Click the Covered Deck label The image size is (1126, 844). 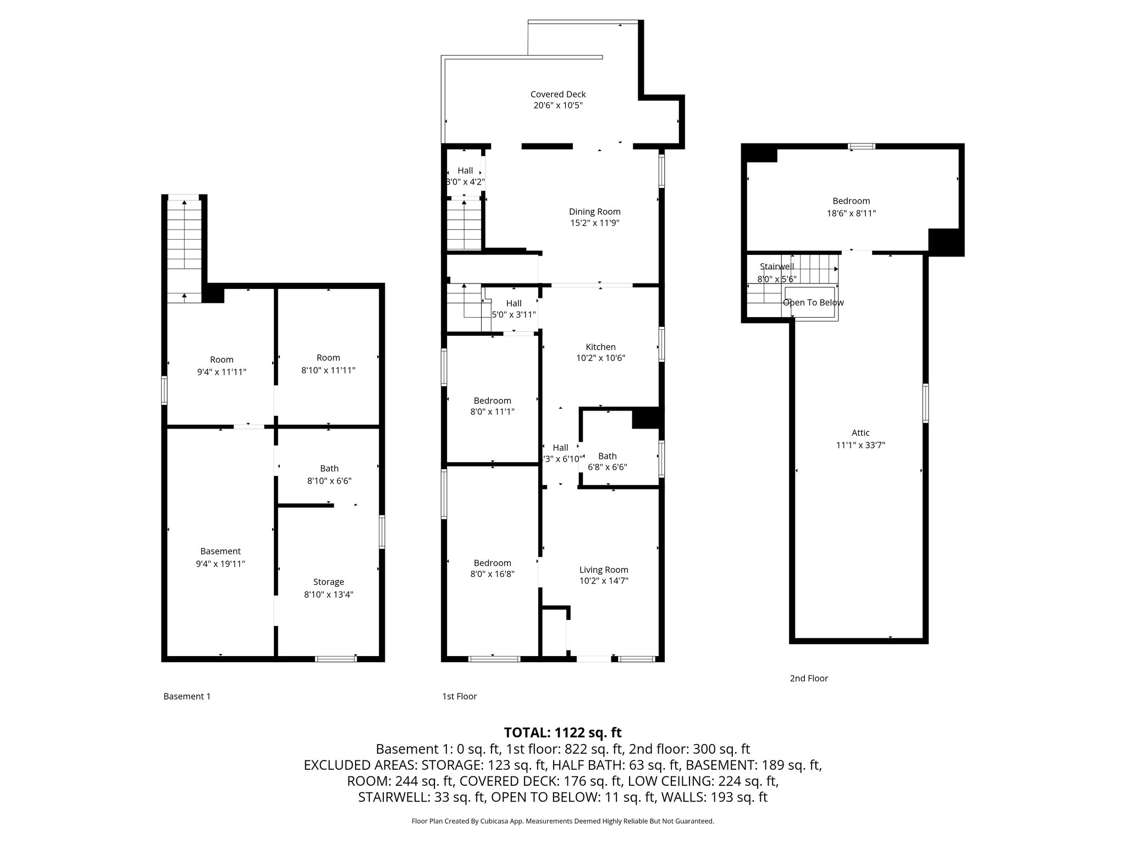(x=558, y=95)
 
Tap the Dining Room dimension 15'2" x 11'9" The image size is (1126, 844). (x=594, y=223)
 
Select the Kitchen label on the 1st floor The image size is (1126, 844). (x=600, y=347)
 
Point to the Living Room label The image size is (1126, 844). (x=603, y=570)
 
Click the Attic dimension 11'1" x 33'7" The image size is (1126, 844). (x=860, y=445)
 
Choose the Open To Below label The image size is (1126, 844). (x=813, y=303)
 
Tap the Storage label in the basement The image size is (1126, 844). (x=328, y=582)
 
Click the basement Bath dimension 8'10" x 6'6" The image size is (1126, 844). (x=329, y=481)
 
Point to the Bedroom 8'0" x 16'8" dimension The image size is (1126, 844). (x=492, y=574)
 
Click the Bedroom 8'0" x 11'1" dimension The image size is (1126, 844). (x=492, y=412)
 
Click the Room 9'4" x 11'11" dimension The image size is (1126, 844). (x=222, y=372)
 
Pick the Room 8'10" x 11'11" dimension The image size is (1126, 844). (x=328, y=371)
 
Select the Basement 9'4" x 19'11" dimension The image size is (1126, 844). (x=220, y=563)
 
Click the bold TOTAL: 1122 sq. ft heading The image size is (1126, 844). (x=562, y=732)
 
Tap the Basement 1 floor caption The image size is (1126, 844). (x=187, y=696)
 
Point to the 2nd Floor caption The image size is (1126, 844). (x=809, y=678)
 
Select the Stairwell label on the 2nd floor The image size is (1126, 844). (x=776, y=266)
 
